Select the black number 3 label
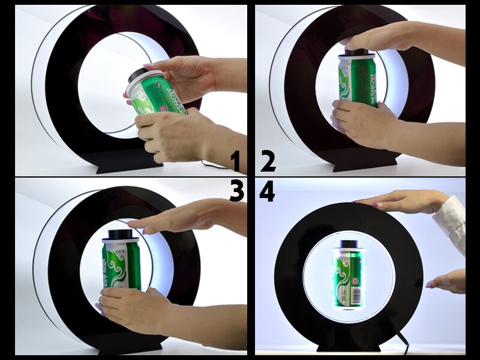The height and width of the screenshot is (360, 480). (236, 192)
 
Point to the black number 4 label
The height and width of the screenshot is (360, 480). (267, 192)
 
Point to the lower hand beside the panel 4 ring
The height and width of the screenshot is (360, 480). (447, 281)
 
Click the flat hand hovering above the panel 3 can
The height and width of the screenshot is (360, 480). (180, 219)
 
